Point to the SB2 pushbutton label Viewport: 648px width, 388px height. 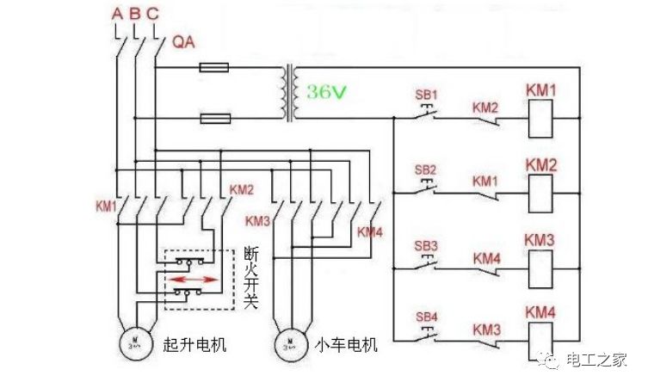426,169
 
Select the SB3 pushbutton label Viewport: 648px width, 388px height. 426,245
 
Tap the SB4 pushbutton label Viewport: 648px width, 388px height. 428,317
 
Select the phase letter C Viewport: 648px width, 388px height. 152,14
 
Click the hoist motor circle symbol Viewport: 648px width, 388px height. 135,343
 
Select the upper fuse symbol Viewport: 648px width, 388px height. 213,66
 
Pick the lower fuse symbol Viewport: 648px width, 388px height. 213,118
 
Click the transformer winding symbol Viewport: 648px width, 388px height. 287,92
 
